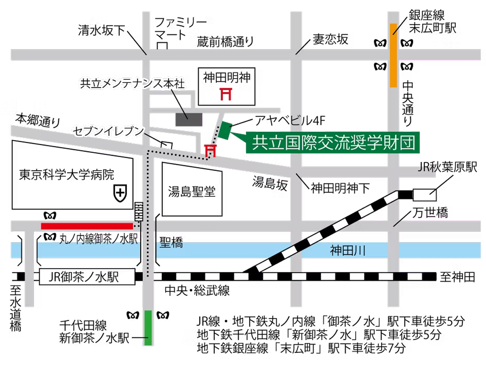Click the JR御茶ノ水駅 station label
coord(88,277)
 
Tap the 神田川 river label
coord(347,250)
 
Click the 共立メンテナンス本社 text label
coord(134,83)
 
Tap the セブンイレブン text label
coord(109,131)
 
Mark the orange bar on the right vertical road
coord(394,55)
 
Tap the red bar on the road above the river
coord(87,226)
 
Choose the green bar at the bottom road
coord(148,327)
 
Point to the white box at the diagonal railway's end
coord(424,195)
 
